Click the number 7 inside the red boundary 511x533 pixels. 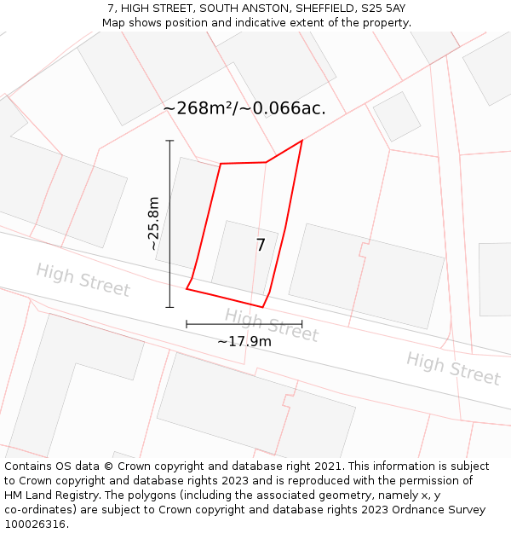[261, 246]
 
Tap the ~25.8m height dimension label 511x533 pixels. [153, 223]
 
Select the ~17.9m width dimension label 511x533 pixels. [244, 342]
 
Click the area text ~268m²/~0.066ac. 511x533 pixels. [244, 109]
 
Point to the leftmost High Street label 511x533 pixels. [83, 280]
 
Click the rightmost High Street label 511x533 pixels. [452, 368]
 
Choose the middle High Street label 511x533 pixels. [271, 325]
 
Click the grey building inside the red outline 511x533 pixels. [242, 256]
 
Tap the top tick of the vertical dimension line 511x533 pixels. [169, 141]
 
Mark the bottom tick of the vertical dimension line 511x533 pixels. [169, 307]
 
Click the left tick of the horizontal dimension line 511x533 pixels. [187, 324]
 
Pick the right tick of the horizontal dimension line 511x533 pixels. [302, 324]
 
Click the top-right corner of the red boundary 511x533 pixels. [301, 141]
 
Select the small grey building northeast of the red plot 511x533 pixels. [397, 117]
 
